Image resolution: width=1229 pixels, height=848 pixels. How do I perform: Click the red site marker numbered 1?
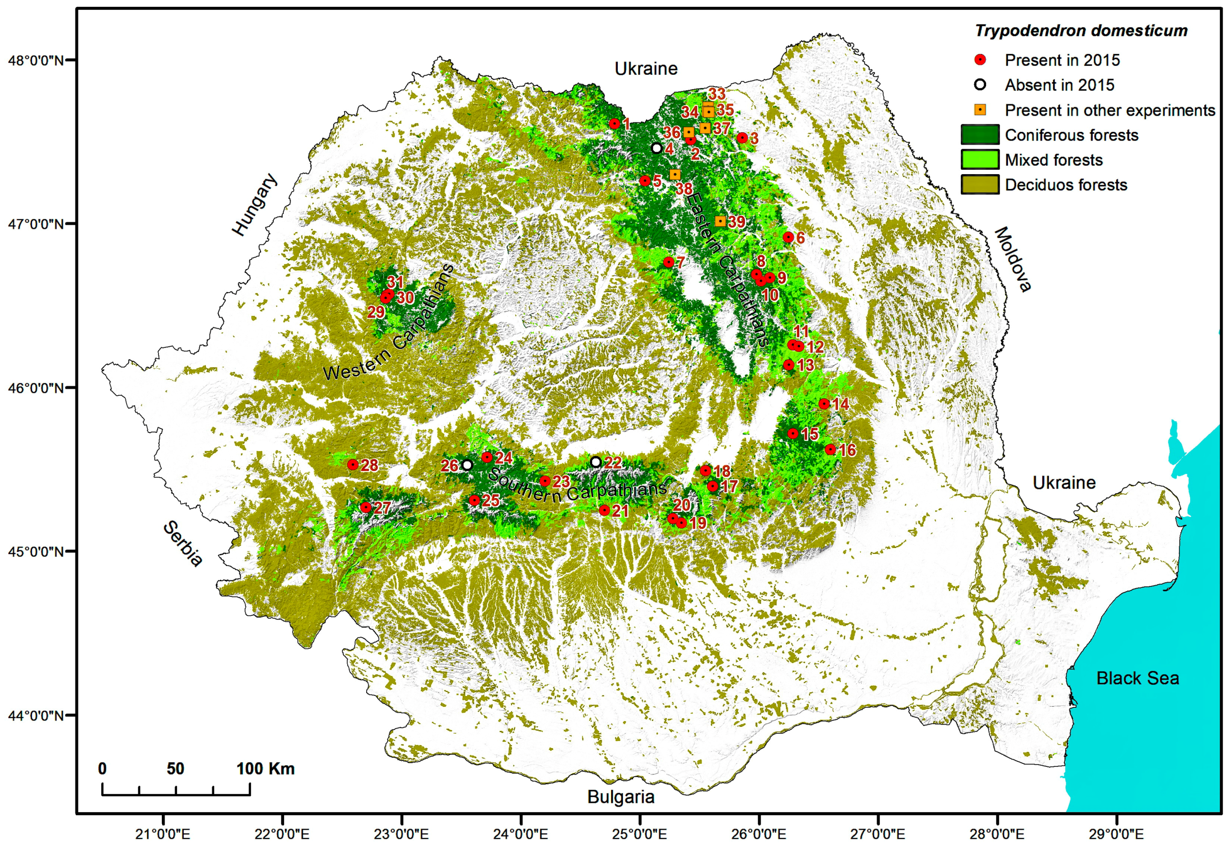(x=614, y=124)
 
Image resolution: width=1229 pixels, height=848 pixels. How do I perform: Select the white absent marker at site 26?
(x=467, y=465)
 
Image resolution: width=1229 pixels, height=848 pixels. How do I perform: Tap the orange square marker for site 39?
(x=720, y=221)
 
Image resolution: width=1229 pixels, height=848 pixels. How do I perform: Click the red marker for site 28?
(x=353, y=465)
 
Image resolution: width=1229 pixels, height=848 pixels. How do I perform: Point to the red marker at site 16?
(x=830, y=449)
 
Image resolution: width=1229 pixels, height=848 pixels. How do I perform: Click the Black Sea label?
(x=1137, y=678)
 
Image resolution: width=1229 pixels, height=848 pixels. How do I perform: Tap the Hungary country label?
(x=255, y=205)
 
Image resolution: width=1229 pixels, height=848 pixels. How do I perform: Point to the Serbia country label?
(x=182, y=544)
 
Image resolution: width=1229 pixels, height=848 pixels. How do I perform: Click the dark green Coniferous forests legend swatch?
(x=979, y=135)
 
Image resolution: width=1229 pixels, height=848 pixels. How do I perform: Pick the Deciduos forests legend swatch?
(x=979, y=185)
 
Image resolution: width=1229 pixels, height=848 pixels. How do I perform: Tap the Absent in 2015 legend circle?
(x=980, y=85)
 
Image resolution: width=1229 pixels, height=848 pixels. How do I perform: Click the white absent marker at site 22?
(x=595, y=462)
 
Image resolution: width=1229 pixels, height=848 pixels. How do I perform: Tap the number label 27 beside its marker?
(x=382, y=508)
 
